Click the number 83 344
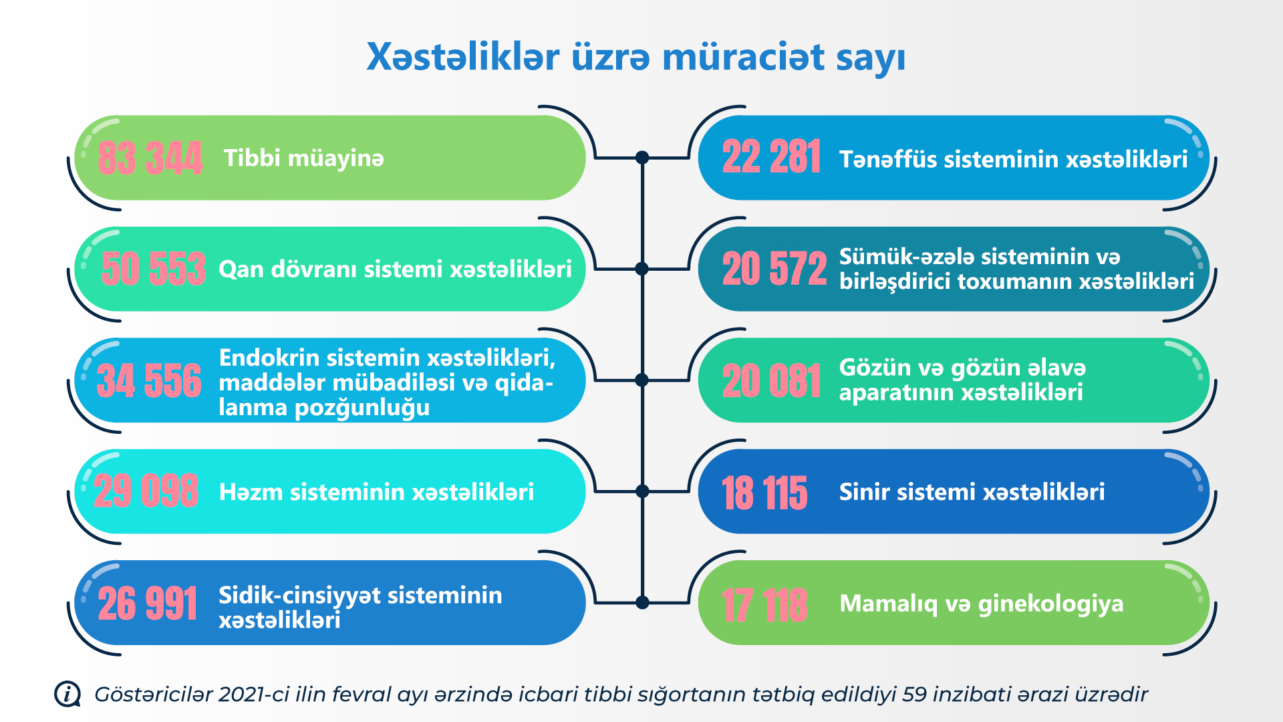click(150, 158)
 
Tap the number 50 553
click(153, 269)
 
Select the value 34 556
click(149, 380)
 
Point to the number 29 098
click(146, 491)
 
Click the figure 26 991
click(148, 603)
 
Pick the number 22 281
click(772, 157)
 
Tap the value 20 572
click(774, 269)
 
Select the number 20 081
click(772, 380)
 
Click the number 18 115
click(765, 493)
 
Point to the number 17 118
click(765, 605)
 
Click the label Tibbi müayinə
click(304, 158)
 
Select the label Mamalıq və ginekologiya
click(982, 604)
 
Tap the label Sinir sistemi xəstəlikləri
click(972, 492)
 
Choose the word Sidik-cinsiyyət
click(300, 595)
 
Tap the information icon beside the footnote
click(67, 694)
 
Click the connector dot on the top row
click(642, 158)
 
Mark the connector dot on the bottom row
click(642, 602)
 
